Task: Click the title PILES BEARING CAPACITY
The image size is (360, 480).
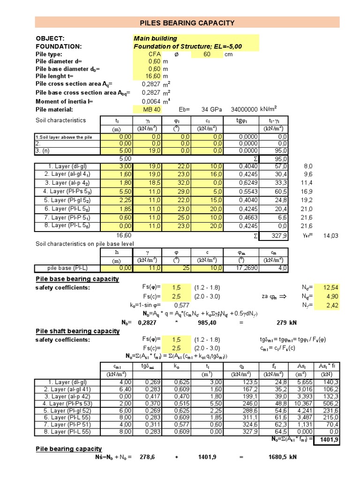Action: tap(187, 22)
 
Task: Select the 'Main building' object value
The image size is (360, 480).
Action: tap(155, 38)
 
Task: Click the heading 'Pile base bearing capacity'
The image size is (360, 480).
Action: tap(77, 279)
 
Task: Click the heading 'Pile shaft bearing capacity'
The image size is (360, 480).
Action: tap(78, 331)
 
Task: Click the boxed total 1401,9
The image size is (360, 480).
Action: tap(328, 440)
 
